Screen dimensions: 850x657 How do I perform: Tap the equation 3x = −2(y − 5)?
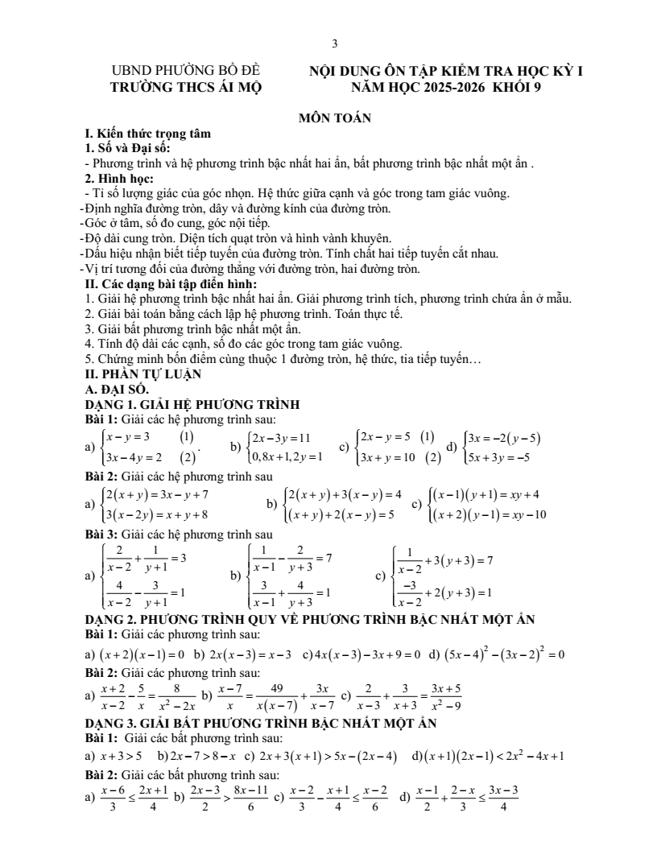505,439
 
